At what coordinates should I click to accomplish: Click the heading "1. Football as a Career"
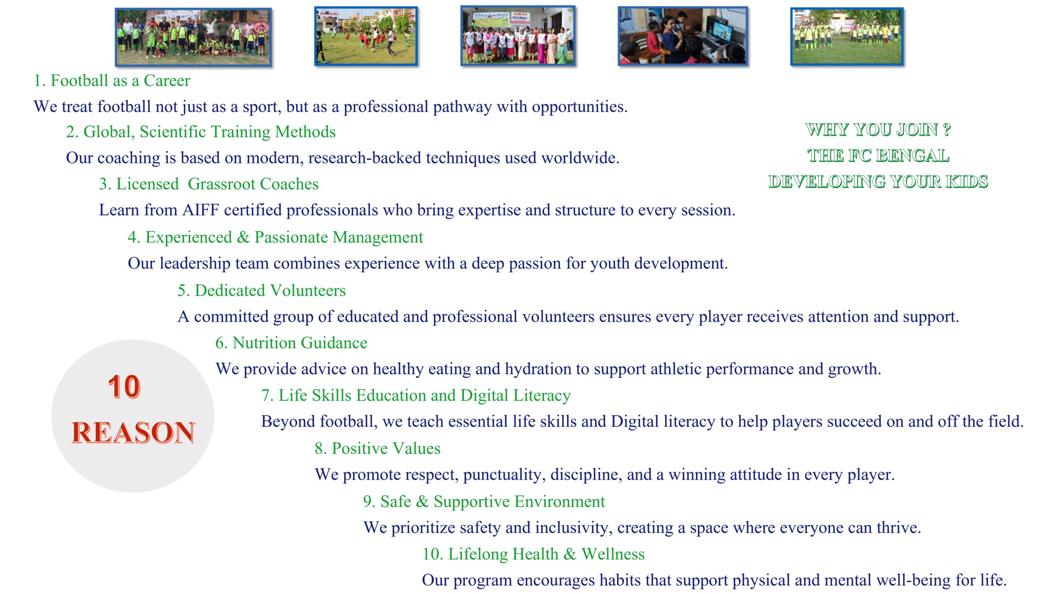(x=112, y=81)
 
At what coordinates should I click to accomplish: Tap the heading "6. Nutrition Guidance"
(x=291, y=343)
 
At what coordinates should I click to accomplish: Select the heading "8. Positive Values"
(x=377, y=448)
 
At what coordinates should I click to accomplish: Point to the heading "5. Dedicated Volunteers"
(x=261, y=291)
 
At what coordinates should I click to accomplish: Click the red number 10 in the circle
(x=124, y=387)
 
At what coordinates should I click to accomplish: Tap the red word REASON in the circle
(x=133, y=432)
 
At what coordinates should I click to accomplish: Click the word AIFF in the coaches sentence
(x=200, y=210)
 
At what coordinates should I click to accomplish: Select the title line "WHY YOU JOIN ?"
(x=878, y=130)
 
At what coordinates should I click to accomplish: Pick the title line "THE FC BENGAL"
(x=878, y=156)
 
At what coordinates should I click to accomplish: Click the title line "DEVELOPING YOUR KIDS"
(x=878, y=182)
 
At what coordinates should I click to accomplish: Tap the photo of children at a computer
(x=683, y=36)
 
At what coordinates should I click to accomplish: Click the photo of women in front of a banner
(x=518, y=35)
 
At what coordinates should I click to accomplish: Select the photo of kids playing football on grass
(x=366, y=36)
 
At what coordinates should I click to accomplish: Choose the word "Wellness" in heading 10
(x=613, y=554)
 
